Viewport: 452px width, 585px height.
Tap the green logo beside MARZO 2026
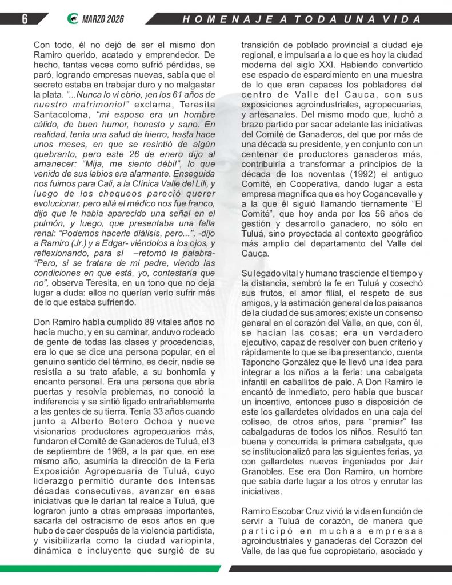[71, 19]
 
